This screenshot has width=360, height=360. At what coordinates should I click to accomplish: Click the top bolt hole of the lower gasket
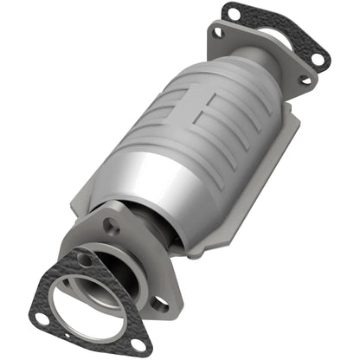(84, 259)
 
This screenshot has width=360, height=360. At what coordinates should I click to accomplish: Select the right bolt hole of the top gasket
(317, 60)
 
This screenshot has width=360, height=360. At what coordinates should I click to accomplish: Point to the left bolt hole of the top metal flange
(217, 33)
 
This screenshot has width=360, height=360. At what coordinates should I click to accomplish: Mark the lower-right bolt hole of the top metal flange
(304, 80)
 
